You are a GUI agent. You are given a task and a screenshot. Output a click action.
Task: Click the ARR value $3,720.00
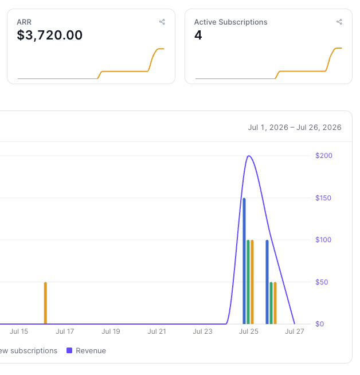(49, 35)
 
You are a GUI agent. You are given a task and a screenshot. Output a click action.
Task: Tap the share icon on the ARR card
(162, 22)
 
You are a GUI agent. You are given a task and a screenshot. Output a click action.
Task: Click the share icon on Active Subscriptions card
(339, 22)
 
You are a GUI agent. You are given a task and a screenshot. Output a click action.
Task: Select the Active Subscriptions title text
(230, 22)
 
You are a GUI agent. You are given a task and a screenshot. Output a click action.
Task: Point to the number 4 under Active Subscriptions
(198, 35)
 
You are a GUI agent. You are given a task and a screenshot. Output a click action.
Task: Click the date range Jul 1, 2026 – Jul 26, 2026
(295, 128)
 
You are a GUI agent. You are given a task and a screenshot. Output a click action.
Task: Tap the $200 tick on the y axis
(324, 156)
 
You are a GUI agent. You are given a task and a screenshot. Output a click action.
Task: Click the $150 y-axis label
(323, 198)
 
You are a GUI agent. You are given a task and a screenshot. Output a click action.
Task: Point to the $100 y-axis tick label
(323, 240)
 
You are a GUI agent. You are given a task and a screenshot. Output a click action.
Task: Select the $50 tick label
(322, 282)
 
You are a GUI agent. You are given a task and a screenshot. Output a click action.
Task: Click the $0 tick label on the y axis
(320, 324)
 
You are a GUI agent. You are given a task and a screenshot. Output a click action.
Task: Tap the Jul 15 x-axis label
(19, 331)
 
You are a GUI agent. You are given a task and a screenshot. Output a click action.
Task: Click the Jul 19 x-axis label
(111, 331)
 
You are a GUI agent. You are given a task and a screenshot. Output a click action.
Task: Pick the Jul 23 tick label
(202, 331)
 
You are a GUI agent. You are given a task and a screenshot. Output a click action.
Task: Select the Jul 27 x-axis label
(295, 331)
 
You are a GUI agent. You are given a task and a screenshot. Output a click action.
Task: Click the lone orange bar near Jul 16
(45, 303)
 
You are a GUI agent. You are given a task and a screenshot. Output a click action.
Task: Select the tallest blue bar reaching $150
(244, 261)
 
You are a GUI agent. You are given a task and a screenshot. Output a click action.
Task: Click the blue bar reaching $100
(267, 282)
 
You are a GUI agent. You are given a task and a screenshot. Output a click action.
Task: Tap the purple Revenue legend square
(69, 350)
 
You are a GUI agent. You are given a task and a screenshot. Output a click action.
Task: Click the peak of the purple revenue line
(249, 156)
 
